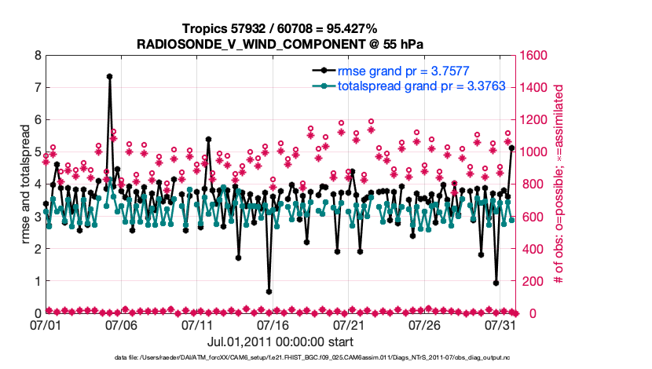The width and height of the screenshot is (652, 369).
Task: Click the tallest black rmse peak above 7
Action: click(109, 77)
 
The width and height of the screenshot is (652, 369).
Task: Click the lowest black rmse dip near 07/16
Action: click(269, 291)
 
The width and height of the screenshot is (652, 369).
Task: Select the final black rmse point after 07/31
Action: click(511, 148)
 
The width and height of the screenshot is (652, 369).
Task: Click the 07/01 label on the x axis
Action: click(46, 324)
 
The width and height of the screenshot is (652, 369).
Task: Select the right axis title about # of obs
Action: click(559, 184)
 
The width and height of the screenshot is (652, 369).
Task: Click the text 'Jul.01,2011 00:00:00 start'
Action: click(280, 342)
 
